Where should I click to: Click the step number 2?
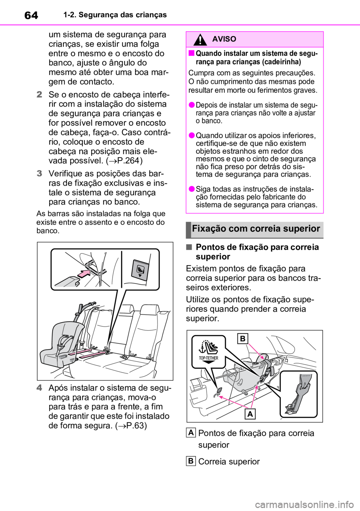click(x=39, y=95)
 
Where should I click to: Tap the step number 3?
click(x=39, y=174)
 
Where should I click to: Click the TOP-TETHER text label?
click(x=207, y=358)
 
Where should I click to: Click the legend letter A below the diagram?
click(x=190, y=433)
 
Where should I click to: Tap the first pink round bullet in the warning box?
click(x=191, y=105)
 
